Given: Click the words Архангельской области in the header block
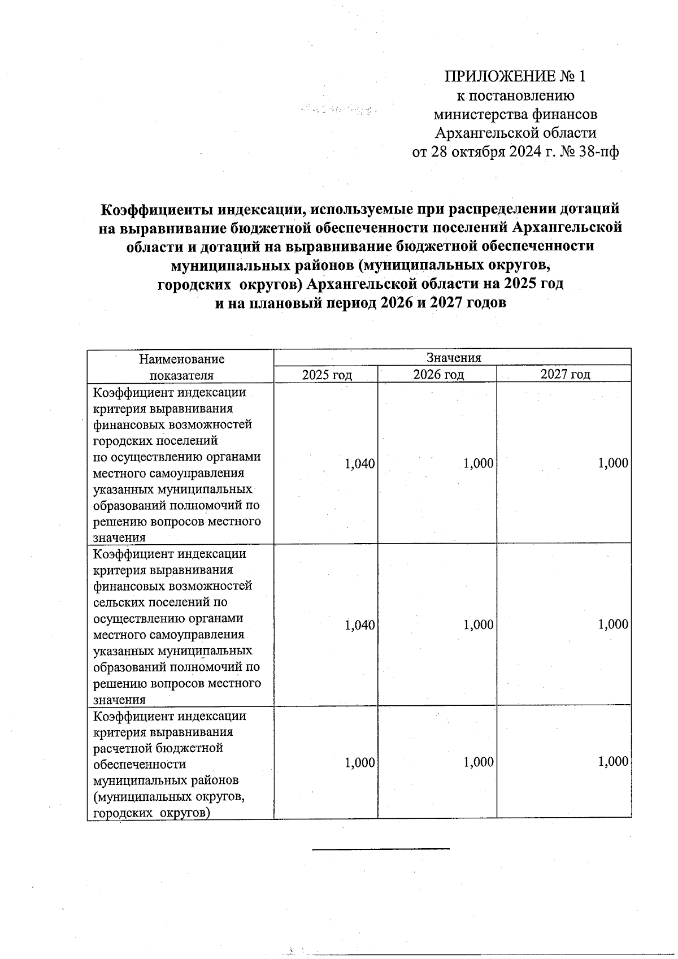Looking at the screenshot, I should [x=515, y=133].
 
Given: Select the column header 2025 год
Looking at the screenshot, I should [x=327, y=374].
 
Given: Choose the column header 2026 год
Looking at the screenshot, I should [x=438, y=374].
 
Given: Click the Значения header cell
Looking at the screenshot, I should [x=453, y=358].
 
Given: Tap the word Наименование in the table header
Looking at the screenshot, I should [x=181, y=359].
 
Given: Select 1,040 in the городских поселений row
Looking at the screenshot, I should [x=360, y=464].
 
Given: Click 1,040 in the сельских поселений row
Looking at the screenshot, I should [x=360, y=625].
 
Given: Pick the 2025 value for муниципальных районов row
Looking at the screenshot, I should [x=360, y=763].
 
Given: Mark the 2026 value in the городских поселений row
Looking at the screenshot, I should [x=479, y=464].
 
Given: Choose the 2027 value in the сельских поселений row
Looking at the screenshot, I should [x=613, y=624].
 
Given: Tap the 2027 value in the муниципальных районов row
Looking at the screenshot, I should [x=613, y=762].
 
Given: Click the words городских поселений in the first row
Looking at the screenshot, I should [x=155, y=440].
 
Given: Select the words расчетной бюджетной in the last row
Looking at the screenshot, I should [x=158, y=748].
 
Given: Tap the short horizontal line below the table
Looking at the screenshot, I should [x=381, y=848].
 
